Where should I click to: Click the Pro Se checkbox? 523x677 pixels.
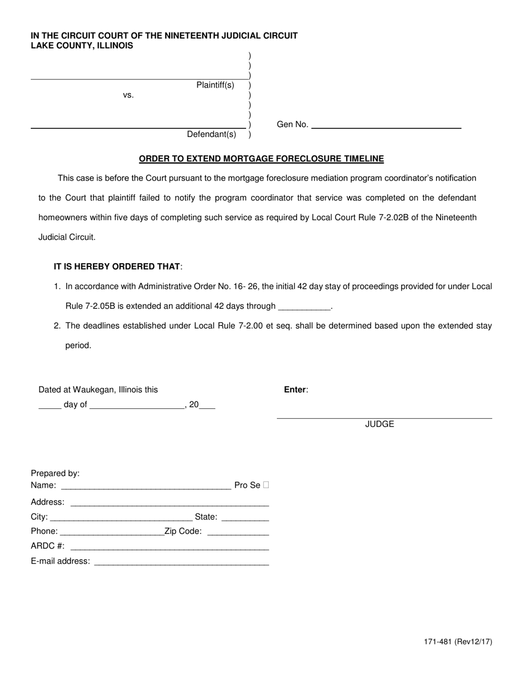tap(266, 485)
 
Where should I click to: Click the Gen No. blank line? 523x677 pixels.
tap(386, 125)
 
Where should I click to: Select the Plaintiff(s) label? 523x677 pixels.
tap(215, 85)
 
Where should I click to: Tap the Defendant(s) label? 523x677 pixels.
tap(211, 134)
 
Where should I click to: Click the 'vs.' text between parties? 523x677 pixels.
tap(128, 95)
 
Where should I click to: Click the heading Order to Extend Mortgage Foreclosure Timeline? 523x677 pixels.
tap(261, 159)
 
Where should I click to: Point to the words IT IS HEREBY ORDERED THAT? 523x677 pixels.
tap(117, 266)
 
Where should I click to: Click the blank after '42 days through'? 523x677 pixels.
tap(305, 307)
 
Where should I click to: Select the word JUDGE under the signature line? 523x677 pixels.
tap(379, 424)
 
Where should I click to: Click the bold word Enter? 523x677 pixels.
tap(295, 390)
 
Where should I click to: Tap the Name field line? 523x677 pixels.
tap(145, 486)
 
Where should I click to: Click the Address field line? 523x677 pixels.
tap(170, 503)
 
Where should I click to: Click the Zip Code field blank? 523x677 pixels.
tap(238, 532)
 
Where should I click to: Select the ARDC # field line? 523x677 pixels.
tap(170, 547)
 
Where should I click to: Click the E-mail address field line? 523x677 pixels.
tap(182, 562)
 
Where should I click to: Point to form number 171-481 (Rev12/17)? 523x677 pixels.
tap(458, 642)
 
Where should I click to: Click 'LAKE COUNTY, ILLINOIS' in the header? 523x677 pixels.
tap(81, 46)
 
